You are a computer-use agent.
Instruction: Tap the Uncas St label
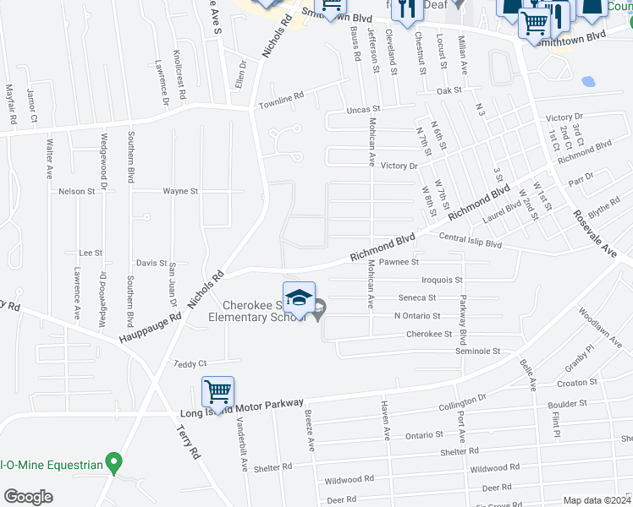[x=364, y=109]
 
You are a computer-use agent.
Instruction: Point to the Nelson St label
[x=76, y=192]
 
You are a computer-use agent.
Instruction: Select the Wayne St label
[x=180, y=192]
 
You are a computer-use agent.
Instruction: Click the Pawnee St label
[x=399, y=263]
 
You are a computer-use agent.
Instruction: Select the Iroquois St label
[x=442, y=280]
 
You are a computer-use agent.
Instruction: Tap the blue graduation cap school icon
[x=299, y=297]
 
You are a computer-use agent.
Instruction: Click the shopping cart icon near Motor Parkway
[x=217, y=392]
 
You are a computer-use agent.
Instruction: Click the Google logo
[x=27, y=497]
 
